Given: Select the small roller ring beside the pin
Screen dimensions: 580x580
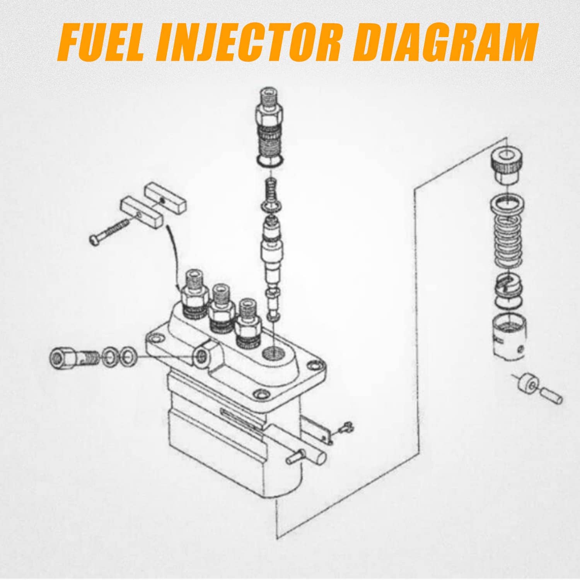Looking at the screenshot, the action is click(x=528, y=385).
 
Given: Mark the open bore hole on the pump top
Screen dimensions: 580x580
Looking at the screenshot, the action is click(x=273, y=353).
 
